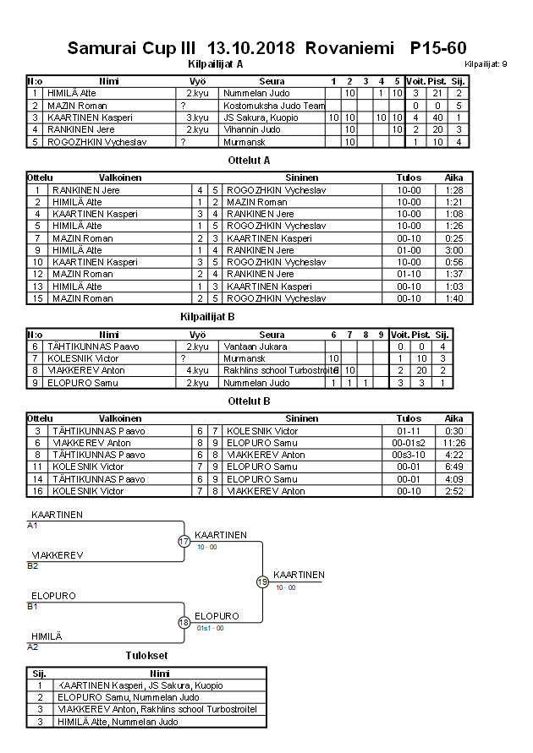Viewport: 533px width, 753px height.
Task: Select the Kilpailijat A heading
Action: [x=215, y=63]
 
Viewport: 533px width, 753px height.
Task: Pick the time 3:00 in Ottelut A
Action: [x=454, y=250]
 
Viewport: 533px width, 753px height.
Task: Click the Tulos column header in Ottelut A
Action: [x=409, y=178]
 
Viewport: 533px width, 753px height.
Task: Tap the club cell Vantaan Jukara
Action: [x=255, y=346]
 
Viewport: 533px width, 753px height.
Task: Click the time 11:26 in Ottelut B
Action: [x=454, y=443]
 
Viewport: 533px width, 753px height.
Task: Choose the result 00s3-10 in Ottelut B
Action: [x=409, y=455]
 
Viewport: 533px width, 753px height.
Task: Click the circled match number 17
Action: [x=184, y=541]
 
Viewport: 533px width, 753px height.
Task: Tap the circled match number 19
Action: [x=262, y=581]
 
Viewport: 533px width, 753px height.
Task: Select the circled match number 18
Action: [x=184, y=622]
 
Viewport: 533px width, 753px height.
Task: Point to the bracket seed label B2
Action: [x=33, y=565]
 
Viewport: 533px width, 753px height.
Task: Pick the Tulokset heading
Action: [x=146, y=655]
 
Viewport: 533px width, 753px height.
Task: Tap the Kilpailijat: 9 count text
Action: [x=486, y=63]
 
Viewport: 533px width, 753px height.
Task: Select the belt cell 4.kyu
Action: [x=197, y=371]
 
